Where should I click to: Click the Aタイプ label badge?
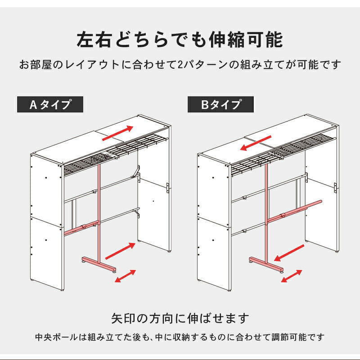[50, 104]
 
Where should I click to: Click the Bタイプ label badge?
[220, 104]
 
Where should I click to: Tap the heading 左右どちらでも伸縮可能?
[180, 39]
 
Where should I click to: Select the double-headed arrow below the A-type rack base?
[126, 275]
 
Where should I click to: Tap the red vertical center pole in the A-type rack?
[98, 207]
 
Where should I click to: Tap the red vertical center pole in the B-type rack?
[266, 207]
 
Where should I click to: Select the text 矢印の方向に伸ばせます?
[180, 319]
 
